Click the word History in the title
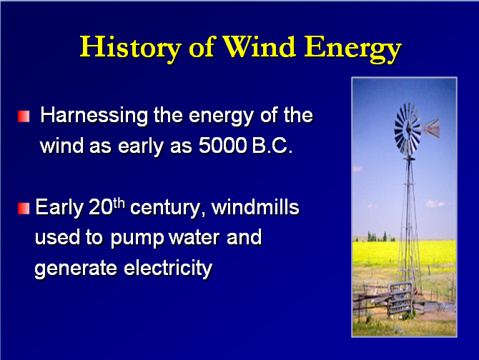[131, 48]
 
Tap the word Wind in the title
[259, 46]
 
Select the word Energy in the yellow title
[353, 49]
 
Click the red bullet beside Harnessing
[24, 116]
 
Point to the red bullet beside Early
[24, 209]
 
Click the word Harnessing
[94, 116]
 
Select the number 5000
[222, 145]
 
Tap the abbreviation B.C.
[272, 145]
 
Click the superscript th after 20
[119, 203]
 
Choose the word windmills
[255, 207]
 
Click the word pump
[137, 239]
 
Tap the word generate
[76, 269]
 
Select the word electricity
[168, 269]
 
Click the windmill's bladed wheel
[408, 129]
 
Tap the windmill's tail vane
[432, 128]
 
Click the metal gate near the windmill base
[400, 299]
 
